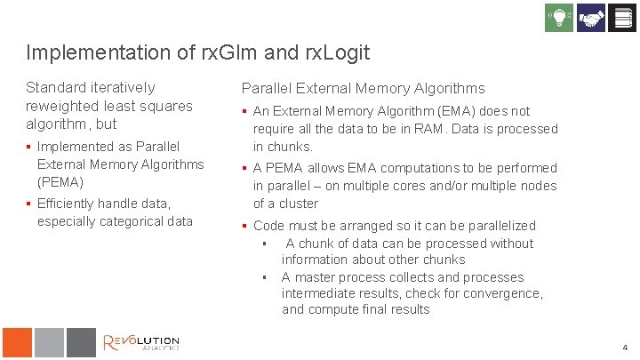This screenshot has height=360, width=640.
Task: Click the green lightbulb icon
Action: [x=558, y=18]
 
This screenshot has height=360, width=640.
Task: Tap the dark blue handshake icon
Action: [x=590, y=18]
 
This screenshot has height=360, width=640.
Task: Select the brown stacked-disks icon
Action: [x=621, y=18]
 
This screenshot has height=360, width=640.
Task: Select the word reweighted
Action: [x=62, y=106]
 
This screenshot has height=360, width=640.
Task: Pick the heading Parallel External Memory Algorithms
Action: [x=364, y=88]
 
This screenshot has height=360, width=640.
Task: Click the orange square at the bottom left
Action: [x=17, y=342]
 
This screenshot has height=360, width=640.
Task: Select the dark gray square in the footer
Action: [x=80, y=342]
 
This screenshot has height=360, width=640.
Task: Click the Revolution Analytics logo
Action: [x=141, y=342]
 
